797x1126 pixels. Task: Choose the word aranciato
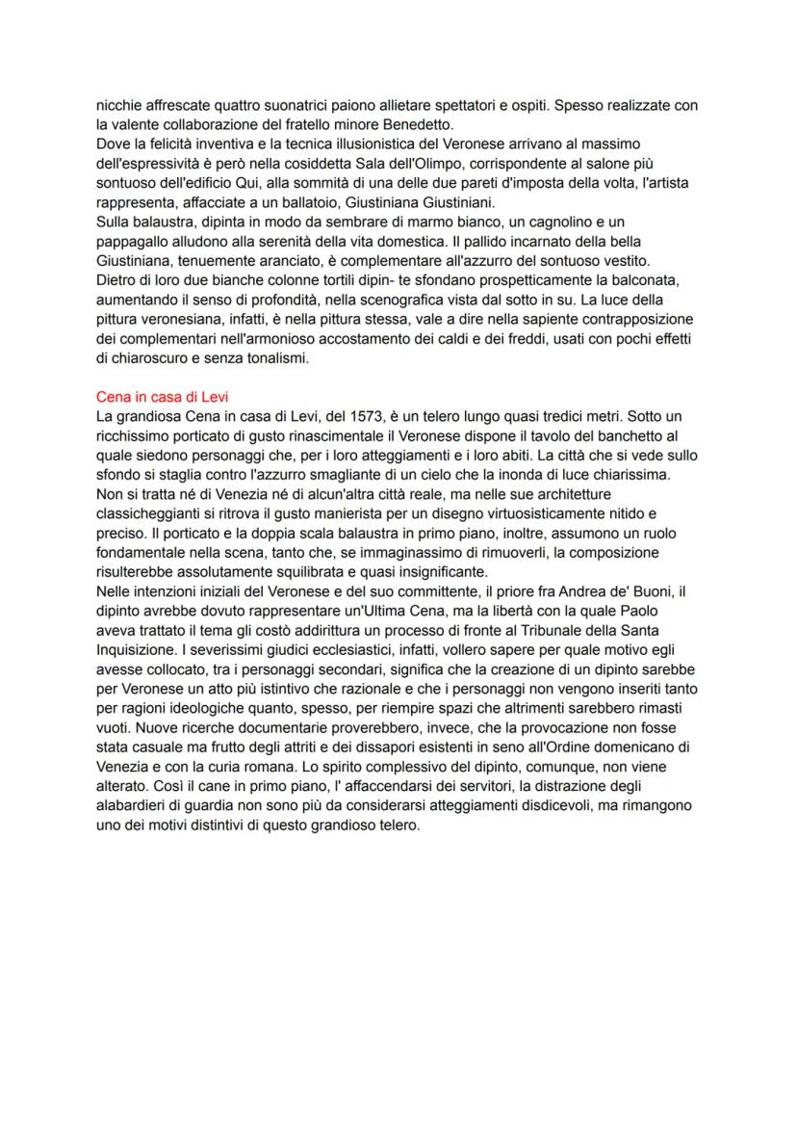pyautogui.click(x=302, y=260)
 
